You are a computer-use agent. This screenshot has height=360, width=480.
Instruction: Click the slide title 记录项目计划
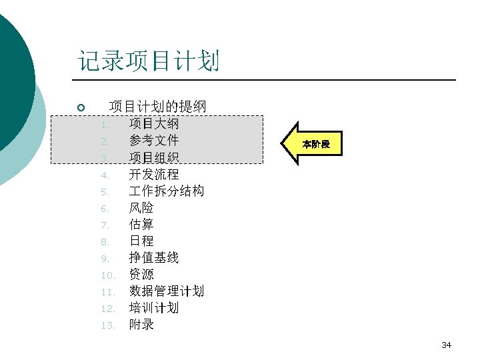149,61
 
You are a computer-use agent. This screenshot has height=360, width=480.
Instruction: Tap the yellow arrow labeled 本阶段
313,144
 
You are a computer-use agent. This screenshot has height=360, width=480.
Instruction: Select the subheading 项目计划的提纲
157,106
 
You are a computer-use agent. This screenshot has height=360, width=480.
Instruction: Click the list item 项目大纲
154,123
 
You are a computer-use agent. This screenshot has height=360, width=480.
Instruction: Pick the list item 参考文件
154,141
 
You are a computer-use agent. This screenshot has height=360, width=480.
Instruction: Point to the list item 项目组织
154,157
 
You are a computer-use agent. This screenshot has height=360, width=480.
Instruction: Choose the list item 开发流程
154,175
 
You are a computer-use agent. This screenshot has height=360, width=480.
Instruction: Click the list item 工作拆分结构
167,191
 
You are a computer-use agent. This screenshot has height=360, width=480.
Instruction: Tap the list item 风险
141,208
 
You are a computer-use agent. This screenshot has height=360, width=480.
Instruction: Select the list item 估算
141,225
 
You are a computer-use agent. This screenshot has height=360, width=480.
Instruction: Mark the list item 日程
141,241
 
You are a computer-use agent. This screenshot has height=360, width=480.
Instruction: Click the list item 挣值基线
154,258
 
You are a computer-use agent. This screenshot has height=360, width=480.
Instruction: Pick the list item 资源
141,275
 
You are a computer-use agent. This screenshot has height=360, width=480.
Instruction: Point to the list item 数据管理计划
167,291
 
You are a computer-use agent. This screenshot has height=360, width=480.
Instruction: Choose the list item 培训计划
154,308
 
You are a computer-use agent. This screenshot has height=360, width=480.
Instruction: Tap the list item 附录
141,325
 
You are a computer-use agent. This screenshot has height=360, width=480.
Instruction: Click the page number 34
447,345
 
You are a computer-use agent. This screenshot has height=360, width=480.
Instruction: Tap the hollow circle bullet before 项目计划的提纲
80,107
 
